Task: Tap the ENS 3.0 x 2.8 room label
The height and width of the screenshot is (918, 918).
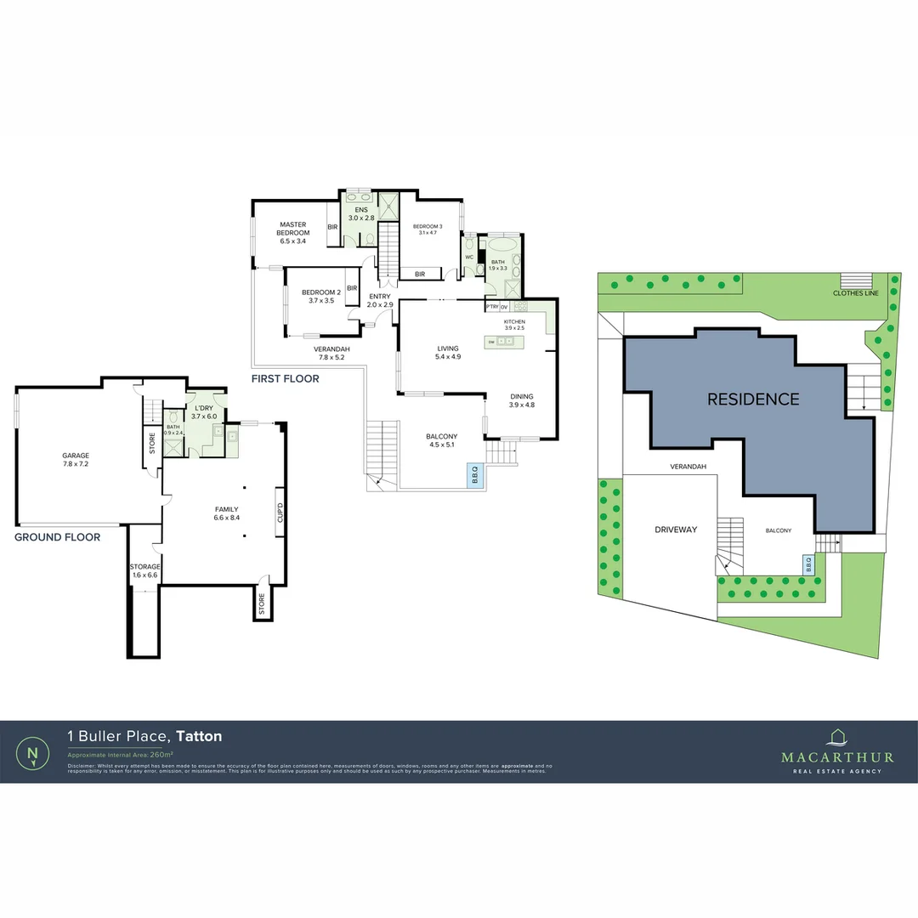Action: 360,213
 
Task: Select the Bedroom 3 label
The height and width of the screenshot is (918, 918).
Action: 424,229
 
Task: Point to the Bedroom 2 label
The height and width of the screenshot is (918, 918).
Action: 321,296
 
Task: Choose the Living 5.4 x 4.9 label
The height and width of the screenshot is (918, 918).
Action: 448,352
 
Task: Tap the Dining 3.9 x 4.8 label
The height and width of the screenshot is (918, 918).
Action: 522,400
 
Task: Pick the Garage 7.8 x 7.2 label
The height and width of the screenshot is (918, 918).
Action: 75,460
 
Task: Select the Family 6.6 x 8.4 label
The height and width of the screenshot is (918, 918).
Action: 227,513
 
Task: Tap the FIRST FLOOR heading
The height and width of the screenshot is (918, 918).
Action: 285,378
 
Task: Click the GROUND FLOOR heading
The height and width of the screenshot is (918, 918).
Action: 58,537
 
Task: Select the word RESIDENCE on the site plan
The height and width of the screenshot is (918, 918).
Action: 753,399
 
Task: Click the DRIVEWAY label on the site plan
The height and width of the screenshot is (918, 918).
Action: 676,530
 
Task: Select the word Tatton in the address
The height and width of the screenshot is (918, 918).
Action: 199,736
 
